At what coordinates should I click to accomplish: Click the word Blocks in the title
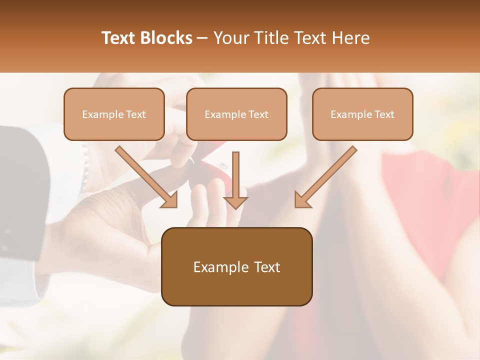pyautogui.click(x=166, y=38)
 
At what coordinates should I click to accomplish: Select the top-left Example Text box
pyautogui.click(x=114, y=114)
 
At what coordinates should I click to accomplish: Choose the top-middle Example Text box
pyautogui.click(x=236, y=114)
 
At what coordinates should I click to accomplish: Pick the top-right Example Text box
pyautogui.click(x=362, y=114)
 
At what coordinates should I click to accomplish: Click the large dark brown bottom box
pyautogui.click(x=236, y=266)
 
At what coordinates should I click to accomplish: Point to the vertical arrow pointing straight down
pyautogui.click(x=235, y=179)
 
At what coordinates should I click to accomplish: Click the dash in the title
pyautogui.click(x=202, y=38)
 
